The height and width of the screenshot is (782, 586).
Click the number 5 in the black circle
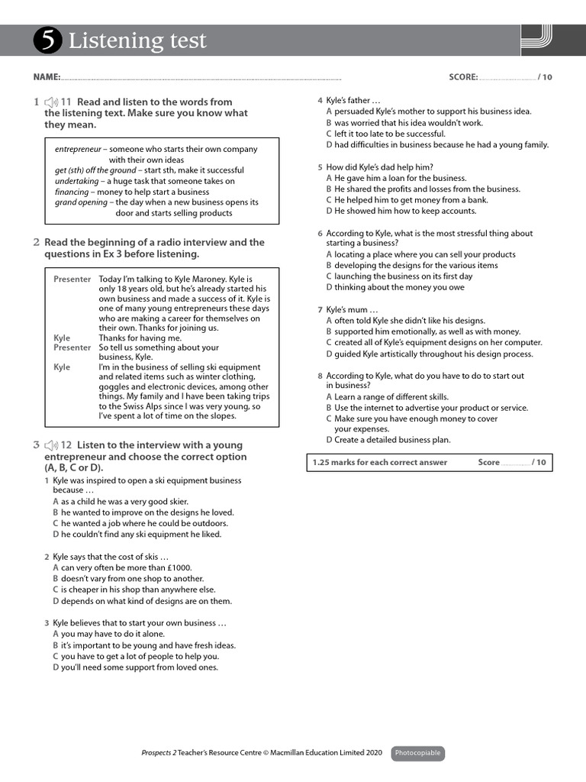(x=47, y=41)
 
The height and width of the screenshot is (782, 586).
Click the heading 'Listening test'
(x=137, y=41)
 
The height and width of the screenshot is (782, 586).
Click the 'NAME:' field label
(x=47, y=77)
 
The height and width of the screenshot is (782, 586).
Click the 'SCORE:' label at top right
(x=463, y=77)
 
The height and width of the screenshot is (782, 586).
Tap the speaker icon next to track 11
(x=51, y=102)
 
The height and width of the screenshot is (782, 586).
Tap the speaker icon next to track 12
(x=51, y=445)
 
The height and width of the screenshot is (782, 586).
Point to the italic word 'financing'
(x=72, y=192)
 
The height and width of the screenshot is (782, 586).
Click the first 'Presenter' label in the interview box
(x=72, y=280)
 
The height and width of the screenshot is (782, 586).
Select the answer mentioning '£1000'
(x=122, y=568)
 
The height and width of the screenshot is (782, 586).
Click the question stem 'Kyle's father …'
(x=353, y=101)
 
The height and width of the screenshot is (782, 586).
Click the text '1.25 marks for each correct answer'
(x=380, y=463)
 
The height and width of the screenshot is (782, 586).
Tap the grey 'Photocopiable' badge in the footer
(x=417, y=754)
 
